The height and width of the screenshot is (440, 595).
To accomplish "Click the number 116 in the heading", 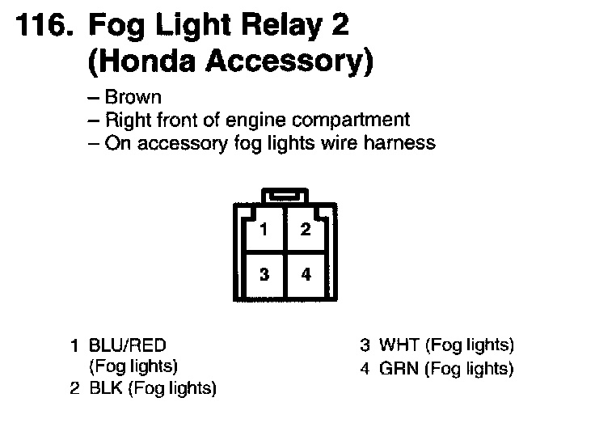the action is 40,27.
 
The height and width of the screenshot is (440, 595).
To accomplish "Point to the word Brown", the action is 133,98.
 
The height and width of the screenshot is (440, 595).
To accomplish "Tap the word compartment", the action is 349,121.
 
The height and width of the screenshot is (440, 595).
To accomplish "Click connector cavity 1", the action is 264,229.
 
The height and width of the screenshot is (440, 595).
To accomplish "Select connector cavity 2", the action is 306,229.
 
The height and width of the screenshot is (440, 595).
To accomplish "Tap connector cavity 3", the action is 264,274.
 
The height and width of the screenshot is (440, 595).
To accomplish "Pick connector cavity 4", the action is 306,274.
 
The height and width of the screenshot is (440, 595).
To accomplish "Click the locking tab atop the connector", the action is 284,195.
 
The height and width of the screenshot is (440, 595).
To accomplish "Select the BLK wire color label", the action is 106,389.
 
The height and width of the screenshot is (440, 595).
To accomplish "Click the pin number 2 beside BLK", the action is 74,389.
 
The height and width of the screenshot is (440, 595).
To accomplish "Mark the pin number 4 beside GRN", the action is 365,369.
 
